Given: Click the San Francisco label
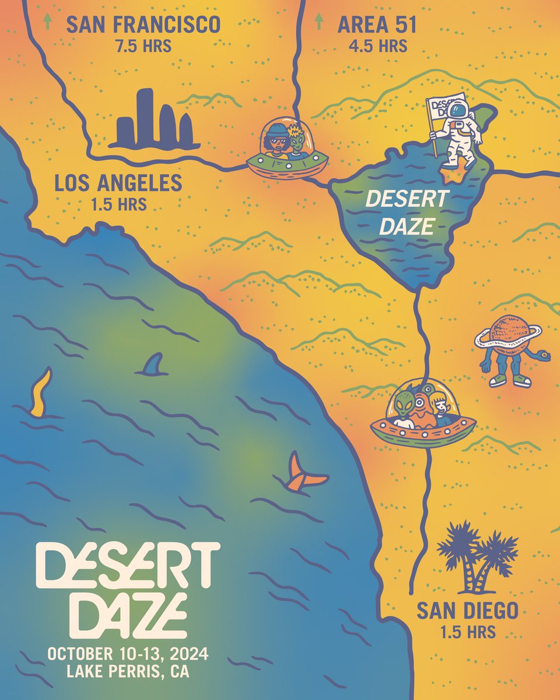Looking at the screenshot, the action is pyautogui.click(x=143, y=24).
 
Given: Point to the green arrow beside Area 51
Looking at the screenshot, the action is pyautogui.click(x=318, y=23).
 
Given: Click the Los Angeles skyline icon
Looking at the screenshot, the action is pyautogui.click(x=155, y=120).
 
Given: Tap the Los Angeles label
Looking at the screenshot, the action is pyautogui.click(x=118, y=184).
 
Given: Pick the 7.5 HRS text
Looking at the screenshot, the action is pyautogui.click(x=143, y=46).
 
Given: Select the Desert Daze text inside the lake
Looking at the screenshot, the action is pyautogui.click(x=406, y=212).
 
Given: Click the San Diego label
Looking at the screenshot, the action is pyautogui.click(x=467, y=611).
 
